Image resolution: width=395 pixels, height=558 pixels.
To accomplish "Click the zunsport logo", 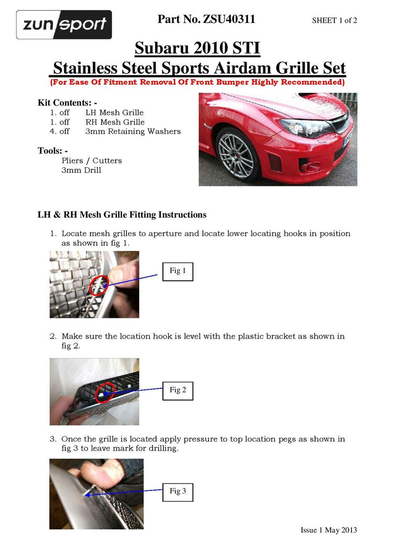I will click(64, 25).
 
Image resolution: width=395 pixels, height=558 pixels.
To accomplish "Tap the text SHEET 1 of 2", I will click(334, 20).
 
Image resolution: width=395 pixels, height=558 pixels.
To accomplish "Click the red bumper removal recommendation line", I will click(197, 82).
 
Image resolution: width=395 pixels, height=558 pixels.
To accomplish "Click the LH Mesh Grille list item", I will click(115, 113).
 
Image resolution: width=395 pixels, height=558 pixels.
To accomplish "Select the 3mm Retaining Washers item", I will click(133, 132).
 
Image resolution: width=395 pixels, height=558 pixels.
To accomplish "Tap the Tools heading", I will click(52, 150).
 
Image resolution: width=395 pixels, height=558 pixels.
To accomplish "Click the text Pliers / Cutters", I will click(91, 161).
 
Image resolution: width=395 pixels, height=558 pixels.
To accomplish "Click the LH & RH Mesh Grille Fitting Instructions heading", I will click(122, 215).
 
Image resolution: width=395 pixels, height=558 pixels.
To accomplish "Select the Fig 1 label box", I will click(178, 271).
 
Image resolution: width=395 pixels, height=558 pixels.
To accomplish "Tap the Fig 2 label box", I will click(178, 390).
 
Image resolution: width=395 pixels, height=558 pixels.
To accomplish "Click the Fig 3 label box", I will click(178, 491).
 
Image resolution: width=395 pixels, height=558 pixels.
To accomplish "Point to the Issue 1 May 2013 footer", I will click(328, 530).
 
